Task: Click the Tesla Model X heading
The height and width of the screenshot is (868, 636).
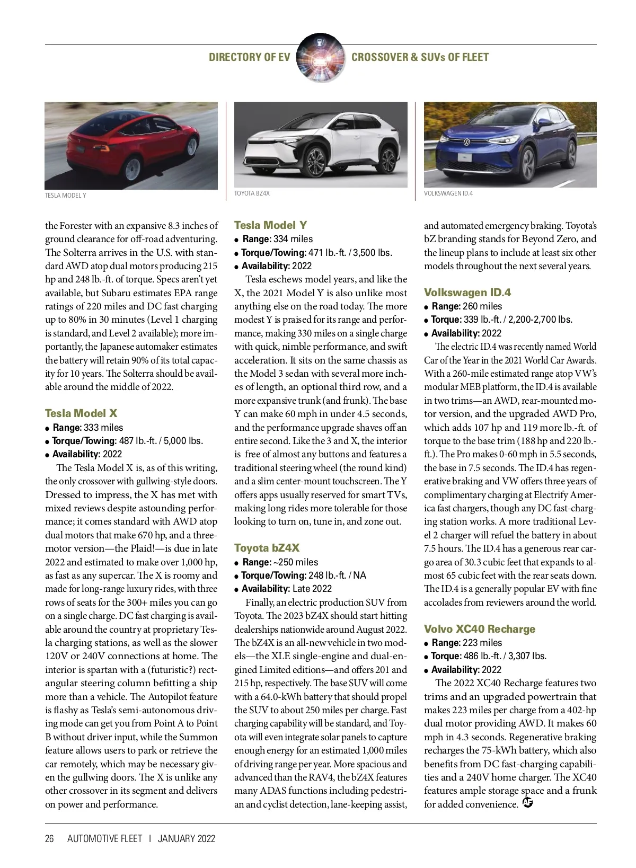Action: point(81,413)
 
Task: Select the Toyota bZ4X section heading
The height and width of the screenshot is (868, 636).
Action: point(267,548)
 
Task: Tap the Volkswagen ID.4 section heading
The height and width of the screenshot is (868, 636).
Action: point(467,293)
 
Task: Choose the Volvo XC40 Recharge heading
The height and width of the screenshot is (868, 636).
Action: point(479,629)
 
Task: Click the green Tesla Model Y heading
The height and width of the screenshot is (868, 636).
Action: point(270,225)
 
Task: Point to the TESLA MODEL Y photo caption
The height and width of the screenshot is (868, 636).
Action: point(65,196)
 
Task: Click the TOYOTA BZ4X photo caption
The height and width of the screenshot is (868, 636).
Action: point(252,193)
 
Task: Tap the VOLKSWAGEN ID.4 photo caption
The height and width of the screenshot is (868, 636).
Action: point(448,193)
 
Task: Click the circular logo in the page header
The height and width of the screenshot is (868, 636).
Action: point(320,58)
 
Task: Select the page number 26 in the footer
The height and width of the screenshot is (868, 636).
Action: point(49,838)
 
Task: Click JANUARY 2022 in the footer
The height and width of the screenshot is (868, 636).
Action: point(187,838)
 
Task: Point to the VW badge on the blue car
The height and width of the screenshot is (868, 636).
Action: point(466,141)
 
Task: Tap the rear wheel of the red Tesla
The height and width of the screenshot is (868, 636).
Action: point(131,169)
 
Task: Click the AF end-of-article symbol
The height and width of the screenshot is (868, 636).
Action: point(527,803)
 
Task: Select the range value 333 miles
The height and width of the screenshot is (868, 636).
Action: point(103,428)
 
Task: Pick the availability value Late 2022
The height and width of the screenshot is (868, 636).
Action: point(312,589)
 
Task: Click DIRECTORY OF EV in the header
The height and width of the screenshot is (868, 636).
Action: point(250,57)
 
